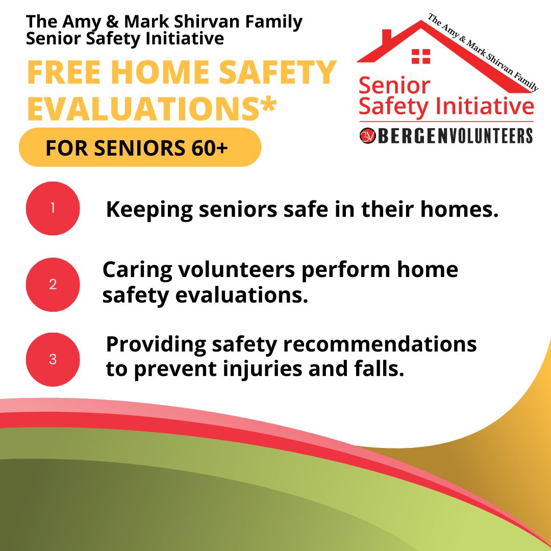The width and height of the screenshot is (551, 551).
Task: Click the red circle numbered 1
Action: pos(53,208)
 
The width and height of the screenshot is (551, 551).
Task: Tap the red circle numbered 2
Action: pos(53,284)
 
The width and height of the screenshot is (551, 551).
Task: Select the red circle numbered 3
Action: pos(53,360)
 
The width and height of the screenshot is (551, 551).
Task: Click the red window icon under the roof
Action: pos(421,56)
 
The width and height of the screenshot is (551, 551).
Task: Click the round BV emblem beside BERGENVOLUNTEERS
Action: pos(367,136)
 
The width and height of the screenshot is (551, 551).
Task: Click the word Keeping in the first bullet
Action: pos(149,210)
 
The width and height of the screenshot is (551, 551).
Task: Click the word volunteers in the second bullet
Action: pos(237,270)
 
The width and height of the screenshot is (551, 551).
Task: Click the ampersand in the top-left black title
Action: pos(112,22)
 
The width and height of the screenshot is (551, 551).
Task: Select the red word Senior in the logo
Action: pos(394,85)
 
